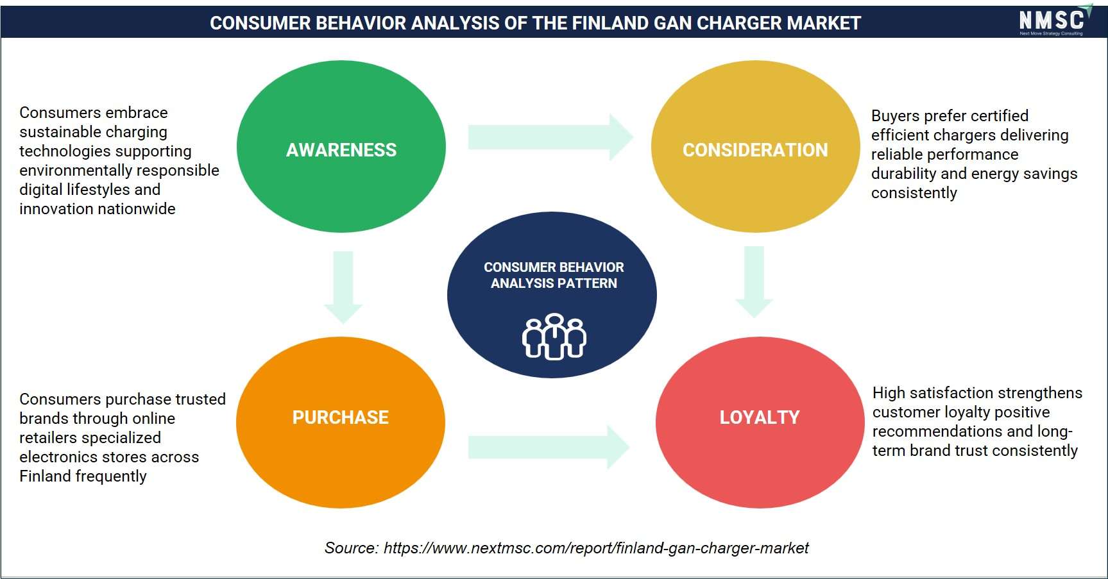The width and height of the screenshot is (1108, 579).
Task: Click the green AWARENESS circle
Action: pos(341,146)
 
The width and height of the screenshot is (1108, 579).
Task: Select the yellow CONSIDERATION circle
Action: pos(755,146)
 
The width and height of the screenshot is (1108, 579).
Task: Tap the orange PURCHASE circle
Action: pos(341,423)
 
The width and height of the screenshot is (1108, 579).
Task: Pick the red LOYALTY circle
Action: pos(760,423)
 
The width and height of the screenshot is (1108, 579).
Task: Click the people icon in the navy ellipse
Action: pos(554,336)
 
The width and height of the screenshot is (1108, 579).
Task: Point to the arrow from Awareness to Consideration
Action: pos(550,137)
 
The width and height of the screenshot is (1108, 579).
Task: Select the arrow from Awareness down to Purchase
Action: pos(343,287)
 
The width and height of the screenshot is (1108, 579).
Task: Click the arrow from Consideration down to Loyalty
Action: pos(754,282)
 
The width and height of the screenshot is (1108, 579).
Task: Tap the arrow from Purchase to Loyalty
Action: pos(549,447)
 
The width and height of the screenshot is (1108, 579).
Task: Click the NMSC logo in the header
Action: pos(1055,21)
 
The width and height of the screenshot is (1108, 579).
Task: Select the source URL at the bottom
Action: pos(596,548)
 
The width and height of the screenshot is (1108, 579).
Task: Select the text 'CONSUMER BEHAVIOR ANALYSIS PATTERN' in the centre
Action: pos(554,275)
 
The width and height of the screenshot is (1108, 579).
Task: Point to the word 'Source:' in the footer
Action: pos(352,548)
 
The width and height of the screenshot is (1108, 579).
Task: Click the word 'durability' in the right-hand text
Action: pos(903,174)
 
